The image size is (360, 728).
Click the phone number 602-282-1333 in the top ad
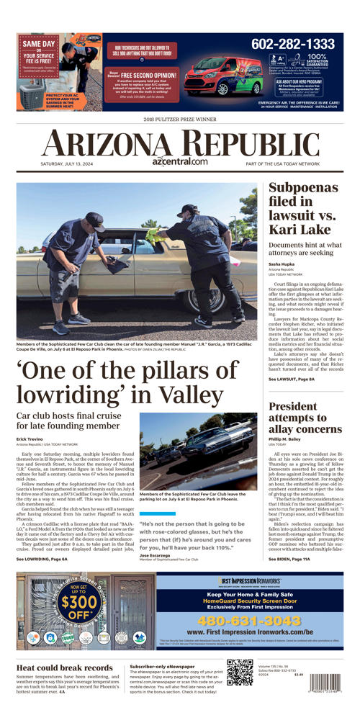(x=293, y=45)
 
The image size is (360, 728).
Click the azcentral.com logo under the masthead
(x=180, y=161)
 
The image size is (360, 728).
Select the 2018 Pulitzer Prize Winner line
(x=179, y=119)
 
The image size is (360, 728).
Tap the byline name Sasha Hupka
(x=282, y=264)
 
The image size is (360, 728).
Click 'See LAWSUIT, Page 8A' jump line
(x=291, y=379)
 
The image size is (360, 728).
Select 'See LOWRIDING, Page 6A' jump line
(x=42, y=558)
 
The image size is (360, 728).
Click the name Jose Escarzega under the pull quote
(x=156, y=554)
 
